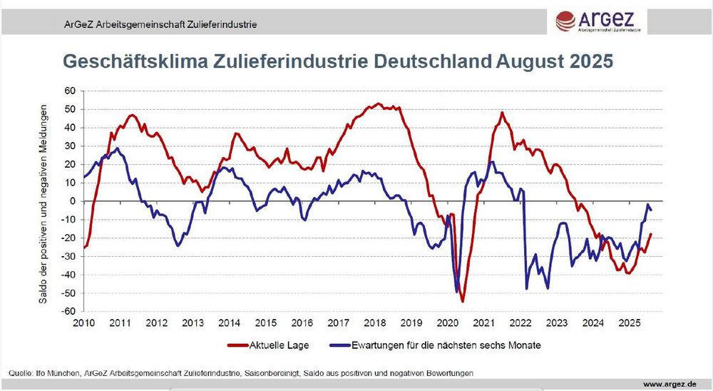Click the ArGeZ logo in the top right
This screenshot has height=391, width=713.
602,20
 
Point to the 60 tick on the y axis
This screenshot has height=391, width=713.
70,91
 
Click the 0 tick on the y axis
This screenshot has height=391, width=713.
72,201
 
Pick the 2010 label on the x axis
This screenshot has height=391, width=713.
84,323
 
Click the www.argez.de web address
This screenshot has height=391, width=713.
670,385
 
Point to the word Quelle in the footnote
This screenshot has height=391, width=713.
21,373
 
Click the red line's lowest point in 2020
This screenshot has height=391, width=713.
462,301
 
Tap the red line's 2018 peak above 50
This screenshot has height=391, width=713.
378,104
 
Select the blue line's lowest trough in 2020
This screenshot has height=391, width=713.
456,291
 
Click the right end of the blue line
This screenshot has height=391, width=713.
650,209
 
